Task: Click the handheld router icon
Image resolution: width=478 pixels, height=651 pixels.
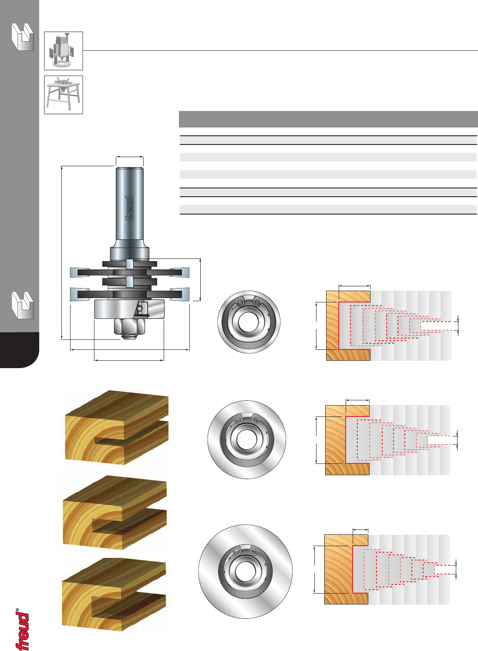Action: click(64, 51)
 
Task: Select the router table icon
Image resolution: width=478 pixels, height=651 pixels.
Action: click(64, 95)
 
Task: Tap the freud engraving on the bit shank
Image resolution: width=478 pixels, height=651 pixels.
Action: click(129, 208)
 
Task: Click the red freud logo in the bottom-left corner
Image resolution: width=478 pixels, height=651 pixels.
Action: click(22, 631)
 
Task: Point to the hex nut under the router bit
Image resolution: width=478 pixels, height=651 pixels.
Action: click(129, 326)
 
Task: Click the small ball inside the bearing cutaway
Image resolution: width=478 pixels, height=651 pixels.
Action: click(140, 307)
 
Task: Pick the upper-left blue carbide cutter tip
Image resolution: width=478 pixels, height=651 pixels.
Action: click(80, 272)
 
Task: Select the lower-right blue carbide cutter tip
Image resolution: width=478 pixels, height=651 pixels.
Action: click(180, 294)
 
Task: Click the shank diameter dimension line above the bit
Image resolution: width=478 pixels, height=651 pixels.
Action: click(130, 157)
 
